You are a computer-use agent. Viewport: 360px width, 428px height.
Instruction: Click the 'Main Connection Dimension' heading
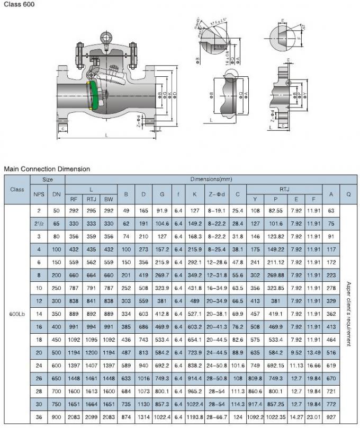(x=47, y=169)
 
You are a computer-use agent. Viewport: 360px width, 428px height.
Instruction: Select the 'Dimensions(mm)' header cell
(x=211, y=180)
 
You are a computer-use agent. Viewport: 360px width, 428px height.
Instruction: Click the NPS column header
(x=39, y=194)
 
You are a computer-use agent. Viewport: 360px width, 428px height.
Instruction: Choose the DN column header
(x=56, y=194)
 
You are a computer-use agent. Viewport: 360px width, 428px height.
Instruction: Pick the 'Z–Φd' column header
(x=217, y=194)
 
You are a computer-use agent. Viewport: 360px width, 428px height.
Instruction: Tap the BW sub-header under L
(x=109, y=200)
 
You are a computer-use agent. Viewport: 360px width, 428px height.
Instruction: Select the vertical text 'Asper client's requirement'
(x=349, y=314)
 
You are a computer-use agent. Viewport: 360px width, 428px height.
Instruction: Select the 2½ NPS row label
(x=39, y=224)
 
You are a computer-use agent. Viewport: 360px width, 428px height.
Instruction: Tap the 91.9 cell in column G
(x=162, y=211)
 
